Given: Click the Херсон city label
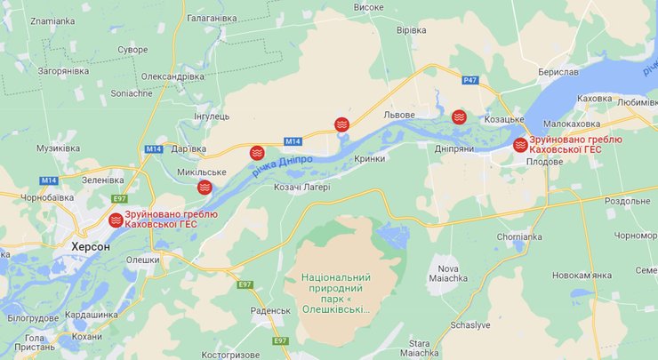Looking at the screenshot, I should coord(92,246).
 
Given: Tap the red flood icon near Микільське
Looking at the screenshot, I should coord(205,187).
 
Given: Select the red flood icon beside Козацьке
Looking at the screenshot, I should coord(459,116).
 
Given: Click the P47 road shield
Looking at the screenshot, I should coord(470,80).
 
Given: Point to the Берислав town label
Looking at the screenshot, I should coord(558,71).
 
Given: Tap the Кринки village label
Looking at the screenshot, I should coord(369,158).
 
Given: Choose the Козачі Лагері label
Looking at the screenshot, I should coord(301,187).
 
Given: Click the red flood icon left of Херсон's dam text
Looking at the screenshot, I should coord(116,220).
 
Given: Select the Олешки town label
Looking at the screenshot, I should coord(142,260).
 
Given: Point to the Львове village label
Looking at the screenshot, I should coord(399,116).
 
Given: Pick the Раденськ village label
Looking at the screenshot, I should coord(270,310).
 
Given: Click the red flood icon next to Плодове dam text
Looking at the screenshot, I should coord(520,145).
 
